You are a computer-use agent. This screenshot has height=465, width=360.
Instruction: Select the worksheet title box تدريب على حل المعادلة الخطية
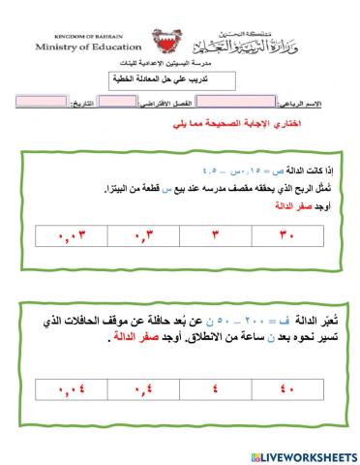180,82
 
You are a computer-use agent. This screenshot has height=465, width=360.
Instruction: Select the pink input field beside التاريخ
43,101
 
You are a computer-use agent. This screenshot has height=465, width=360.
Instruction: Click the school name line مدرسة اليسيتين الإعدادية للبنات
180,66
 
